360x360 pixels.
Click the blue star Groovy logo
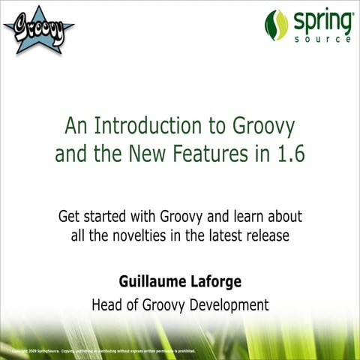click(38, 28)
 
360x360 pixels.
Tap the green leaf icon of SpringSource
click(276, 25)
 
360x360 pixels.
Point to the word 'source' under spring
click(323, 38)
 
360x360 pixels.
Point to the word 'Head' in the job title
click(108, 305)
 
